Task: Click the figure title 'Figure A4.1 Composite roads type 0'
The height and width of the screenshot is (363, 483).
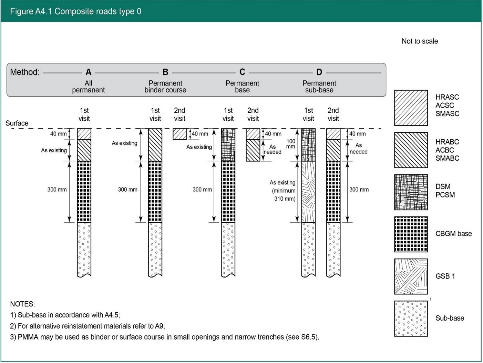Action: pyautogui.click(x=75, y=11)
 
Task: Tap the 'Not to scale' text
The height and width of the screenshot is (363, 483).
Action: pyautogui.click(x=420, y=41)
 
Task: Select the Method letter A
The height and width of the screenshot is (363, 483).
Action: pyautogui.click(x=89, y=72)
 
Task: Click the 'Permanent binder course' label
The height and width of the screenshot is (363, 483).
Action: pyautogui.click(x=165, y=87)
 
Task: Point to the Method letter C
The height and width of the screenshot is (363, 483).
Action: pyautogui.click(x=242, y=72)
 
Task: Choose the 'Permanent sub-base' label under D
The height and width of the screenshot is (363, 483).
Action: pyautogui.click(x=319, y=87)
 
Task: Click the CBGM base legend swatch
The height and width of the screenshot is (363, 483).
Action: pyautogui.click(x=411, y=234)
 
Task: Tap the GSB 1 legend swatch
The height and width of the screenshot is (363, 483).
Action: pyautogui.click(x=411, y=276)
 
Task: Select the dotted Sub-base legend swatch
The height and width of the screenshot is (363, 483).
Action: pyautogui.click(x=411, y=319)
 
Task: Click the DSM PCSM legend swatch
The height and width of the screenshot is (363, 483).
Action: pyautogui.click(x=411, y=192)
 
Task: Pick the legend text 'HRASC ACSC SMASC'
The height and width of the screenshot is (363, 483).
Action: pyautogui.click(x=447, y=105)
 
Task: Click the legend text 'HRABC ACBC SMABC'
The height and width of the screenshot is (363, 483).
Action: pyautogui.click(x=447, y=150)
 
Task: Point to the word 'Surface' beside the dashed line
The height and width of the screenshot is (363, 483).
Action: pyautogui.click(x=17, y=123)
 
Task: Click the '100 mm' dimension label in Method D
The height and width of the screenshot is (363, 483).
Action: pyautogui.click(x=291, y=144)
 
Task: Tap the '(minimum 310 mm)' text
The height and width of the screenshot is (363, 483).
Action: pyautogui.click(x=284, y=195)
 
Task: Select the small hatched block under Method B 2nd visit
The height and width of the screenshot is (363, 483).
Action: pyautogui.click(x=180, y=134)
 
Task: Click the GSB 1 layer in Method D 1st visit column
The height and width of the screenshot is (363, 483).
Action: pyautogui.click(x=308, y=192)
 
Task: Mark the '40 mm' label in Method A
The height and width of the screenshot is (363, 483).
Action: pyautogui.click(x=58, y=134)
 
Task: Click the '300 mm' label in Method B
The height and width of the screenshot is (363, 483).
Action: pyautogui.click(x=127, y=190)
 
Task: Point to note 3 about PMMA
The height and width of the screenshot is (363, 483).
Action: pyautogui.click(x=165, y=337)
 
